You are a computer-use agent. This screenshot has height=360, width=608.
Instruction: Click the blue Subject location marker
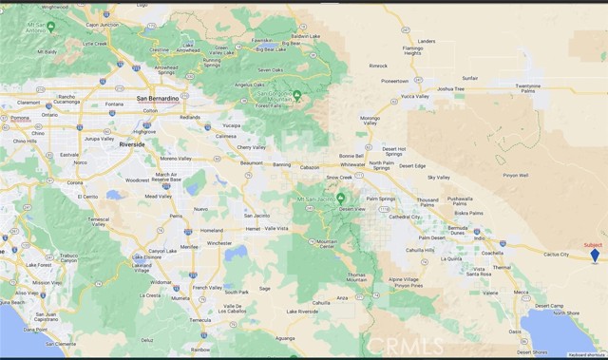595,255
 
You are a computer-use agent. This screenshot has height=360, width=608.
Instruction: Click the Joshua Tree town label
450,88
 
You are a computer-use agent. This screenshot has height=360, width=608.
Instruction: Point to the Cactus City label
556,255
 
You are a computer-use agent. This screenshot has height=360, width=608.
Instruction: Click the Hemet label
253,229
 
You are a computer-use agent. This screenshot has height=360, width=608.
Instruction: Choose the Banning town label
282,164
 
